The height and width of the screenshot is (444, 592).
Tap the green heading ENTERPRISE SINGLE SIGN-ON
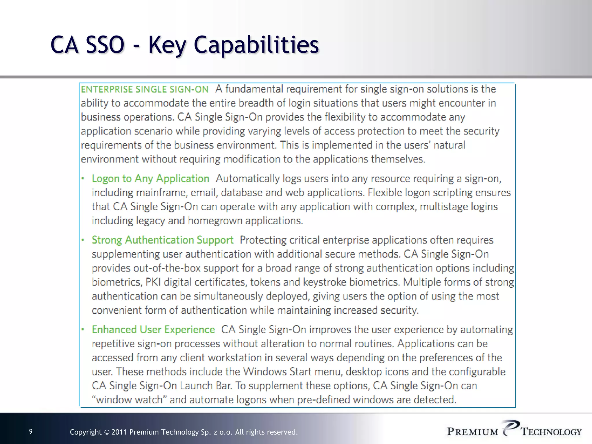[x=145, y=89]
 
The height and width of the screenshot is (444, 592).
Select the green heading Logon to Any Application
[x=150, y=179]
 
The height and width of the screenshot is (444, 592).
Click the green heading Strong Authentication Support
[x=162, y=240]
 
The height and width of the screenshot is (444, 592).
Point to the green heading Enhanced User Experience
[x=153, y=330]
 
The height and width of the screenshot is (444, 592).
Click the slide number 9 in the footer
[x=31, y=432]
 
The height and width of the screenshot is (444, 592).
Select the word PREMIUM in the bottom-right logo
[x=473, y=432]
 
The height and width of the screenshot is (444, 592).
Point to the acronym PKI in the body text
[x=153, y=282]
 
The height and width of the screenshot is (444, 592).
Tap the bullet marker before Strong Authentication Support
[x=83, y=240]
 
